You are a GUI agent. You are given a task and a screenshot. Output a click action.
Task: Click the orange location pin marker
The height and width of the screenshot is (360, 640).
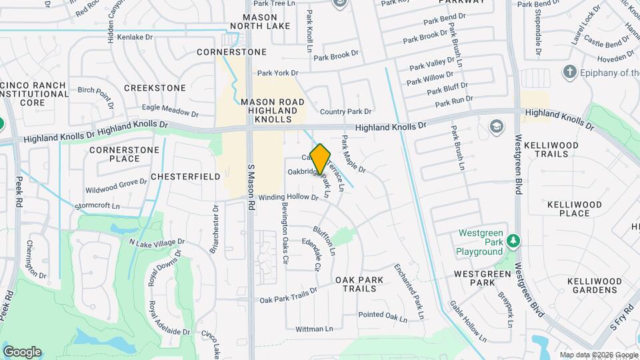point(321,159)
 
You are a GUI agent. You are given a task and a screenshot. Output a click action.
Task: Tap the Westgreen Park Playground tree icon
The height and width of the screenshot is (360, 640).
point(512,240)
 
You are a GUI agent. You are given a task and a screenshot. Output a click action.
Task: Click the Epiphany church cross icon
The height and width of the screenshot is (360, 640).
point(569,71)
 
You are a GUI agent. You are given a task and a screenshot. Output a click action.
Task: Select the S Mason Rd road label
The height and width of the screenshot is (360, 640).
point(251,188)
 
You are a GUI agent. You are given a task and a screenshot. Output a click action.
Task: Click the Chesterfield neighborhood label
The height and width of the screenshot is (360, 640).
point(185,177)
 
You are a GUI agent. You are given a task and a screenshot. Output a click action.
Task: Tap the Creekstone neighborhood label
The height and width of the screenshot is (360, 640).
point(155,88)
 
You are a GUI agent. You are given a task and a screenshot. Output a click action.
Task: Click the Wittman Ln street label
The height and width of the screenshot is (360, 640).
point(314,329)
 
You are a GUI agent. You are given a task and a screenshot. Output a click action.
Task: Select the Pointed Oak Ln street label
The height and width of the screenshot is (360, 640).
point(382,315)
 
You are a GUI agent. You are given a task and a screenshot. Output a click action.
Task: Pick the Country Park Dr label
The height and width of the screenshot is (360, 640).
point(345,111)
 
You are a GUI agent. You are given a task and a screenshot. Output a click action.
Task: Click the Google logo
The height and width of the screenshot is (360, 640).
point(22,352)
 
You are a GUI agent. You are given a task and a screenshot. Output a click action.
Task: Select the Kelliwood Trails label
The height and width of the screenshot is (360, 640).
point(553,149)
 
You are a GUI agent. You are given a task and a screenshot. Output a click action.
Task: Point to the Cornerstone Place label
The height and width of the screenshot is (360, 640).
point(125,154)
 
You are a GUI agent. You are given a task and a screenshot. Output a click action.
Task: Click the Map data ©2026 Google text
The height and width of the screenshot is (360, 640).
point(598,355)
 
